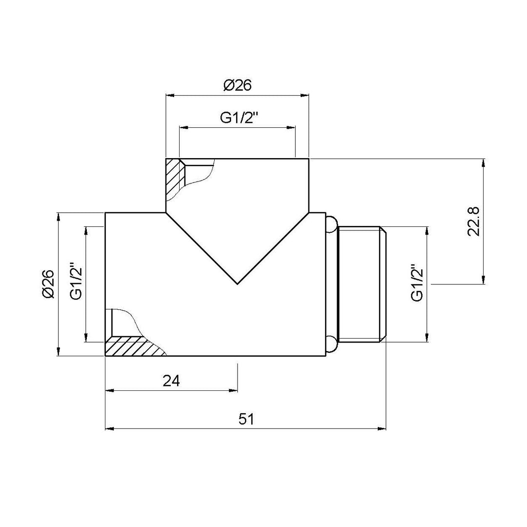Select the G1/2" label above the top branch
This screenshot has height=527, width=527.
[239, 118]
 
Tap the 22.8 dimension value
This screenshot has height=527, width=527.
[473, 222]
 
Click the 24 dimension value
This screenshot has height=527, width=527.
[171, 381]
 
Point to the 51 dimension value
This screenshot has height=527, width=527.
[246, 419]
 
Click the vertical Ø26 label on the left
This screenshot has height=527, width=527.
[48, 284]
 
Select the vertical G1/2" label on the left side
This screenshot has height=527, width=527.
[76, 281]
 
